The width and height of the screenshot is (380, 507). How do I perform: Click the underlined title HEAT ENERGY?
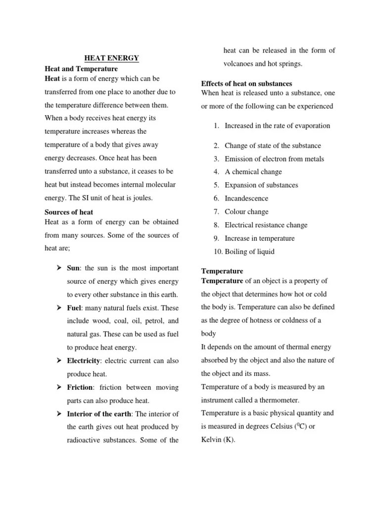point(110,58)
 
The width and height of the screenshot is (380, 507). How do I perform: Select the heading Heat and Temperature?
point(81,69)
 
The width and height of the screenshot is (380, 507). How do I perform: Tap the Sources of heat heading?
point(69,212)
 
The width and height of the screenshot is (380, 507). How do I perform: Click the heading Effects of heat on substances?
point(246,83)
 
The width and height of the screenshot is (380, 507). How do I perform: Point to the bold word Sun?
point(74,268)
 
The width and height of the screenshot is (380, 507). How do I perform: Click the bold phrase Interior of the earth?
point(98,414)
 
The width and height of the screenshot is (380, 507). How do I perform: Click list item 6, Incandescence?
point(246,198)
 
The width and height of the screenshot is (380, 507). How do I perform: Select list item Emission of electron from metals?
point(274,159)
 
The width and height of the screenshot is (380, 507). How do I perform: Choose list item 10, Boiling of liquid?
point(249,252)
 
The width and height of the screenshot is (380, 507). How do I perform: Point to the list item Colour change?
point(246,211)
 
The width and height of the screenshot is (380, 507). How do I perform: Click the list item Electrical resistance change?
point(266,225)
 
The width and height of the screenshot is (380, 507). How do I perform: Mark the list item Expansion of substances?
point(261,185)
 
